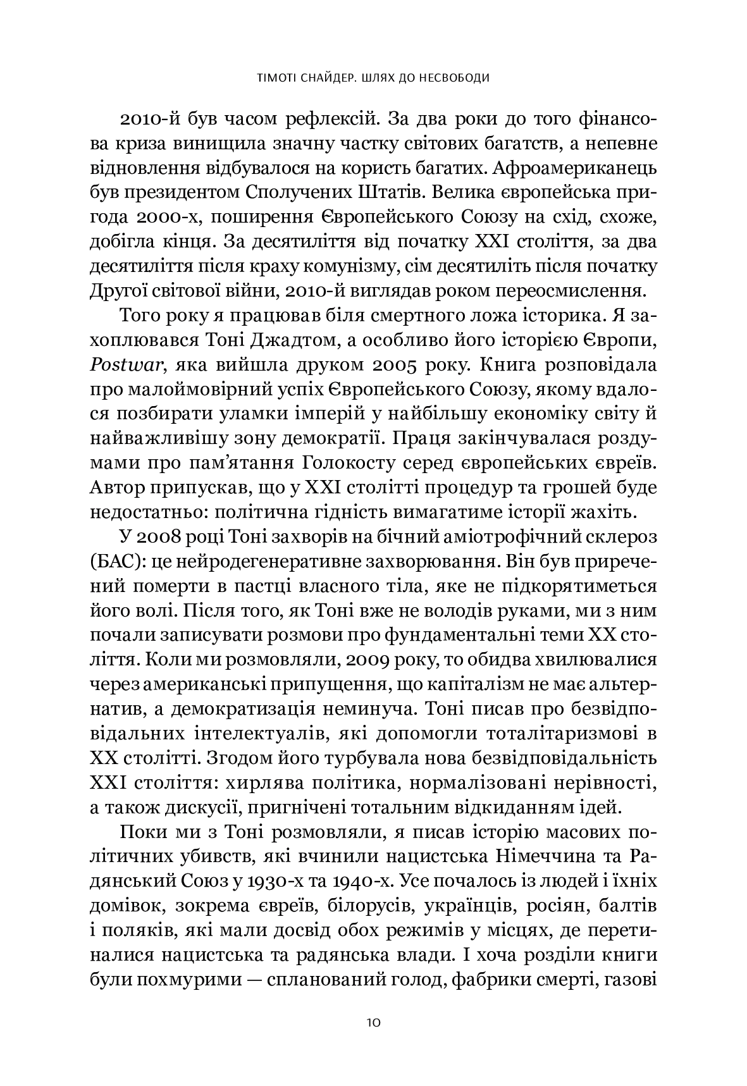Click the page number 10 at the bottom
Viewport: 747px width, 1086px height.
tap(373, 1023)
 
